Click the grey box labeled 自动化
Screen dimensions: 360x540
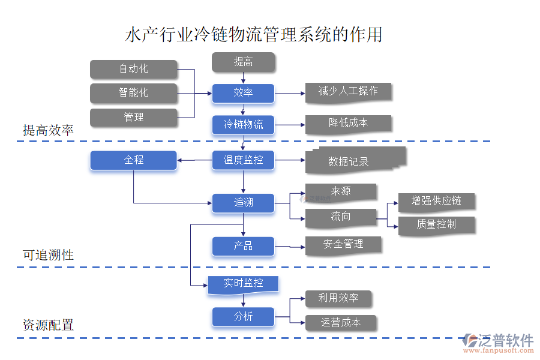point(134,69)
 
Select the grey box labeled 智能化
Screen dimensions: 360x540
point(134,93)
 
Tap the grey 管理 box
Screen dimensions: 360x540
point(134,118)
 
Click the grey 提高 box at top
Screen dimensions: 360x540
point(243,62)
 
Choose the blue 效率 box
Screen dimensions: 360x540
point(243,93)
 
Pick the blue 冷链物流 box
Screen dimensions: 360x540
point(243,125)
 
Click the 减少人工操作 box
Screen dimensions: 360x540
point(348,92)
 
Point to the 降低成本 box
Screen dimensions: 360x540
point(348,124)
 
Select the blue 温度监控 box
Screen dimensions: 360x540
point(243,160)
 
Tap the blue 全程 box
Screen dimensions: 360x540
point(134,160)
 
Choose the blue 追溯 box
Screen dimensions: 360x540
point(243,203)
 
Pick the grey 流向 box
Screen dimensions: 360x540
point(340,217)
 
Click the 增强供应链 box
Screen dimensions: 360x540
point(436,201)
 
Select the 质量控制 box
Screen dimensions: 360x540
point(436,224)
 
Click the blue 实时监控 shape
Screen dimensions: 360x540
point(243,284)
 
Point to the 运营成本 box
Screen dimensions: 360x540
point(340,323)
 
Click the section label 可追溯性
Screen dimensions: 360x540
point(48,255)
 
